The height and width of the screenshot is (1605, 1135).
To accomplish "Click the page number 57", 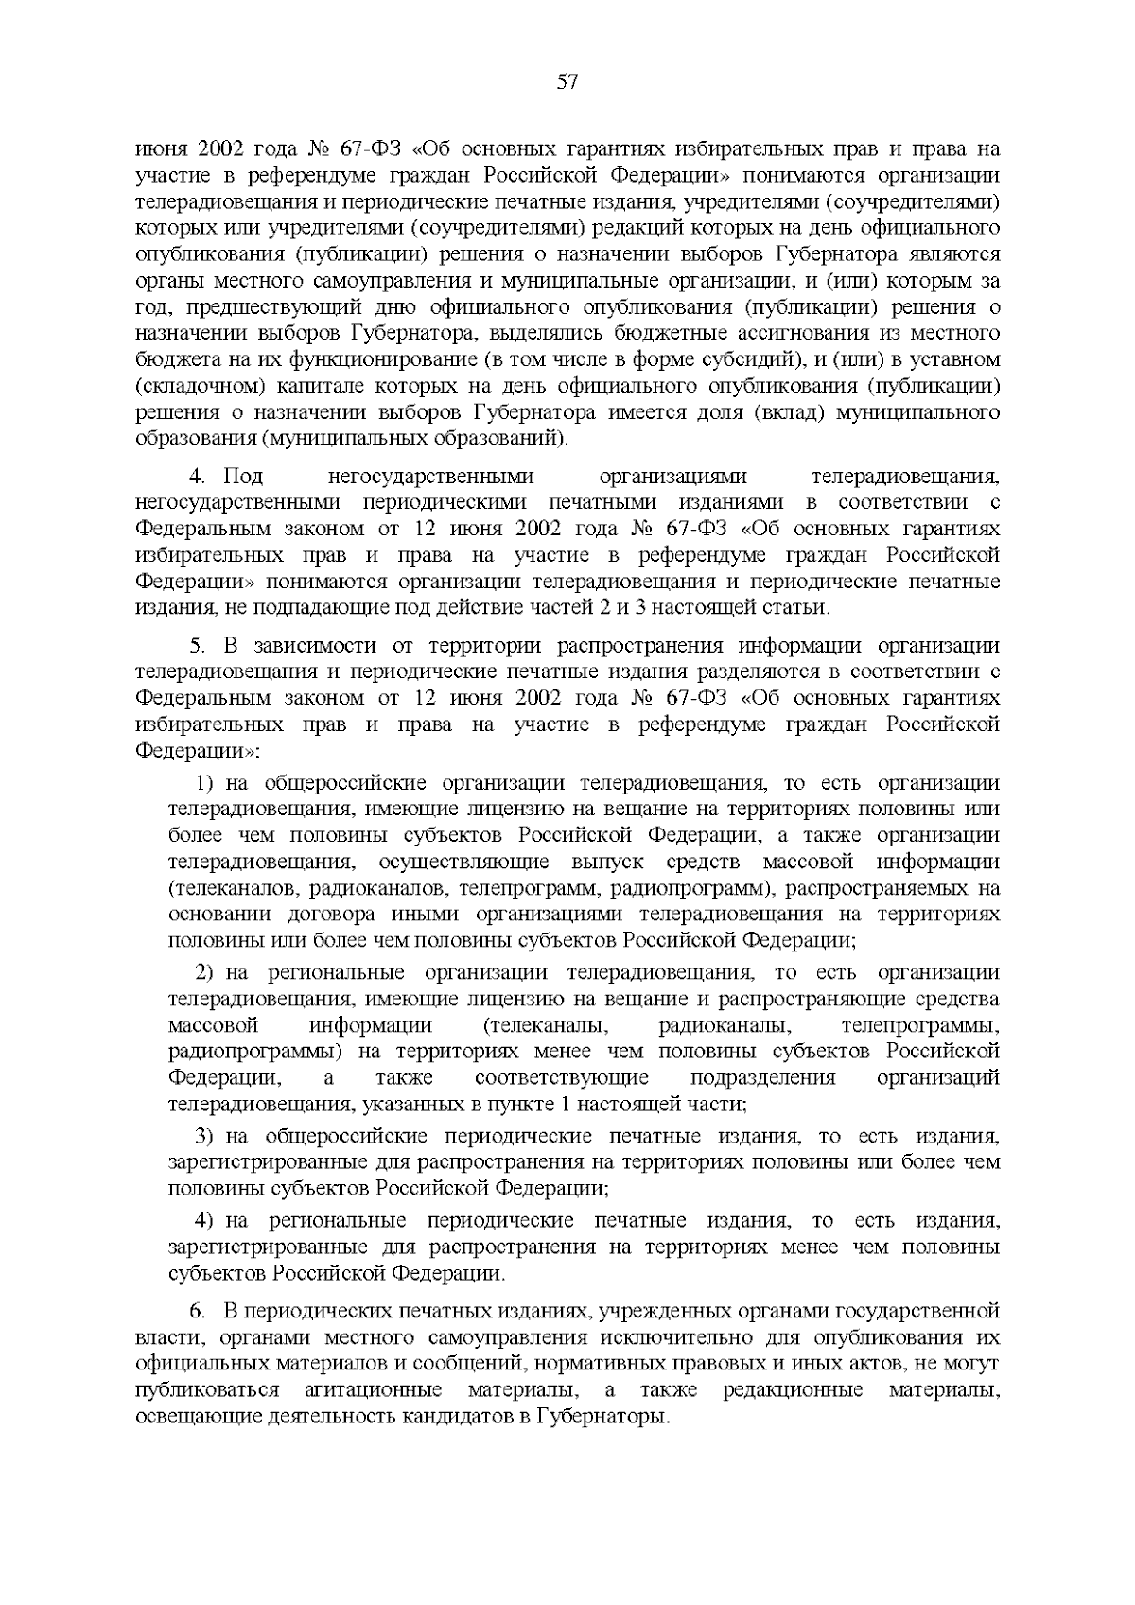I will [567, 82].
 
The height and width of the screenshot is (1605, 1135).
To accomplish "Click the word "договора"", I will [387, 915].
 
